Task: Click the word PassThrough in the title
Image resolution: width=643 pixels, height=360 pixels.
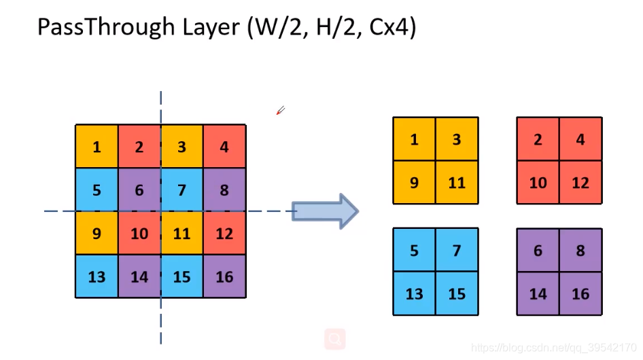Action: (94, 27)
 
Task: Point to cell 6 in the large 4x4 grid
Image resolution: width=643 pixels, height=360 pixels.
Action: (139, 190)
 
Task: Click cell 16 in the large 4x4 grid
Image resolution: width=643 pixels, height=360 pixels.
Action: (224, 276)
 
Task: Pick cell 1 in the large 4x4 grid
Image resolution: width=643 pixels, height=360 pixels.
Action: (97, 147)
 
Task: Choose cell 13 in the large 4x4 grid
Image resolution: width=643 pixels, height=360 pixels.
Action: (97, 276)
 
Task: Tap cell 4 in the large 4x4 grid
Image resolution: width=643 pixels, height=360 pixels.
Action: (224, 147)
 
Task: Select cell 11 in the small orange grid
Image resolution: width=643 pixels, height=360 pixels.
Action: (457, 182)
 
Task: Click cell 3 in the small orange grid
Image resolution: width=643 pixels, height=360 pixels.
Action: (457, 139)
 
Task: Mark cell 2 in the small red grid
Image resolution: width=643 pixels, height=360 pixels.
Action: (538, 139)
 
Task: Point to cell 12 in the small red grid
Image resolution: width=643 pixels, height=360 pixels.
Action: (580, 182)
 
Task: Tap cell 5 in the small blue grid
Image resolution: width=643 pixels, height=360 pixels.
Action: (414, 250)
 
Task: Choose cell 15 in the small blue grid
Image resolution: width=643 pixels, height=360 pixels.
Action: (457, 293)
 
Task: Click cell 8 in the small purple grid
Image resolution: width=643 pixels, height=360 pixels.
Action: (580, 250)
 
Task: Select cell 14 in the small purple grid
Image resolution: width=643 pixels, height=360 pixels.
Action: (538, 293)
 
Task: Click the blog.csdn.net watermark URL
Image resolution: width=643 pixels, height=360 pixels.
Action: (553, 348)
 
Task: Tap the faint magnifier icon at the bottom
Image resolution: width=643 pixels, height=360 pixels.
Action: (334, 338)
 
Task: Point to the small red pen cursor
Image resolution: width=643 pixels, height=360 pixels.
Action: (280, 111)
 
